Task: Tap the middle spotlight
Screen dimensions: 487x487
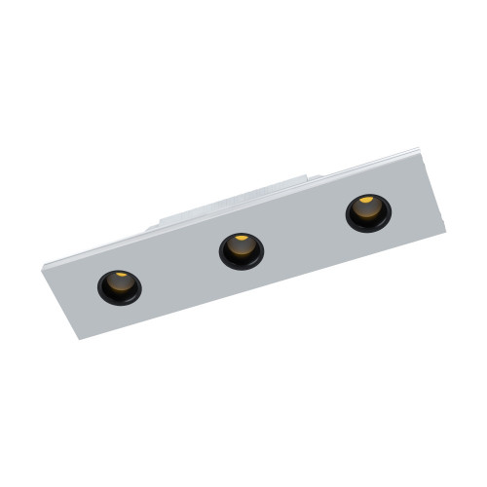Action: [x=241, y=249]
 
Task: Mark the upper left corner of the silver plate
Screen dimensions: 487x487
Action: [x=45, y=263]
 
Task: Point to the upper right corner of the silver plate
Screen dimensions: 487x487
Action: [x=420, y=149]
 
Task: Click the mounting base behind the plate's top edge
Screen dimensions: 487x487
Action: [x=234, y=200]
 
